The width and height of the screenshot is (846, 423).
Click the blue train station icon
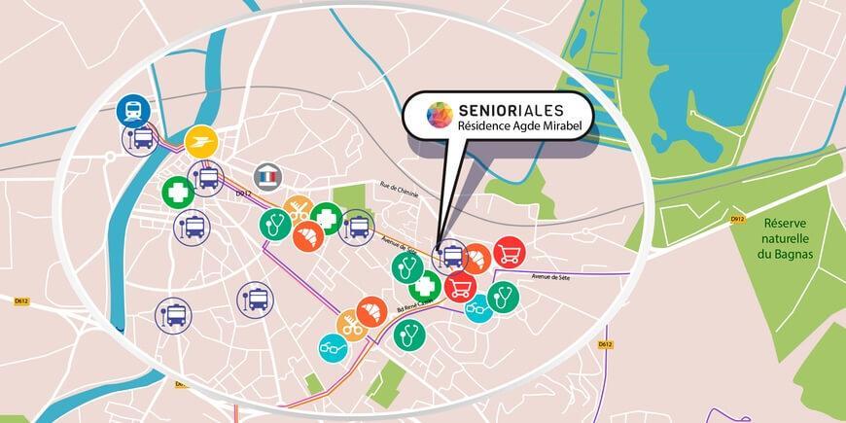coord(131,111)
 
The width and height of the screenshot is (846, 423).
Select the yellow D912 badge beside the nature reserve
coord(738,220)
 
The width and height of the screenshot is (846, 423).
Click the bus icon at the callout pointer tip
coord(449,256)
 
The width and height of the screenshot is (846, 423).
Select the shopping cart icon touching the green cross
coord(458,285)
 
